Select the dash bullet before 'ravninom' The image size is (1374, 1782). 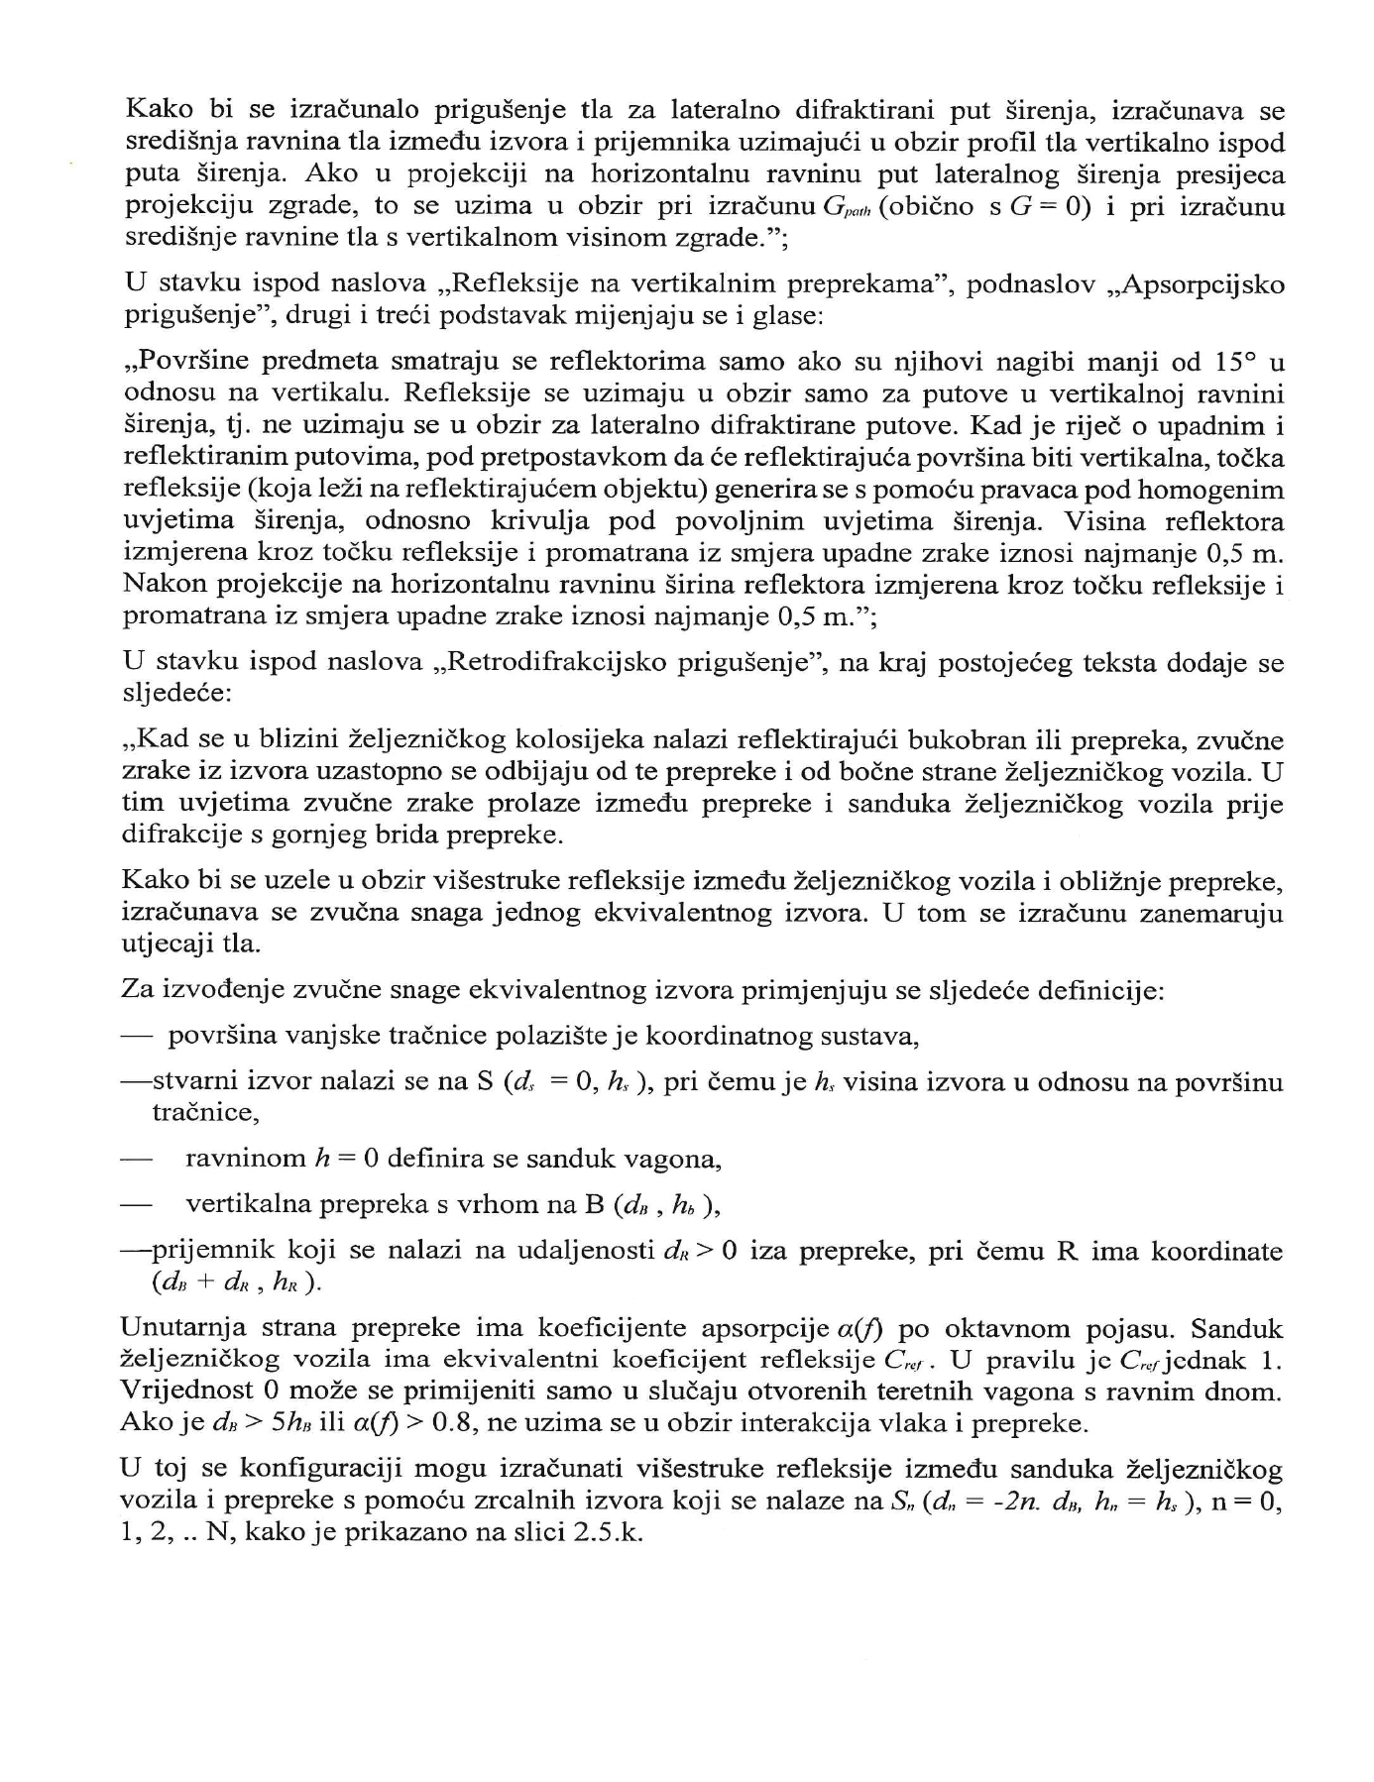136,1159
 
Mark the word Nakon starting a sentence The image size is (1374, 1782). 160,585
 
